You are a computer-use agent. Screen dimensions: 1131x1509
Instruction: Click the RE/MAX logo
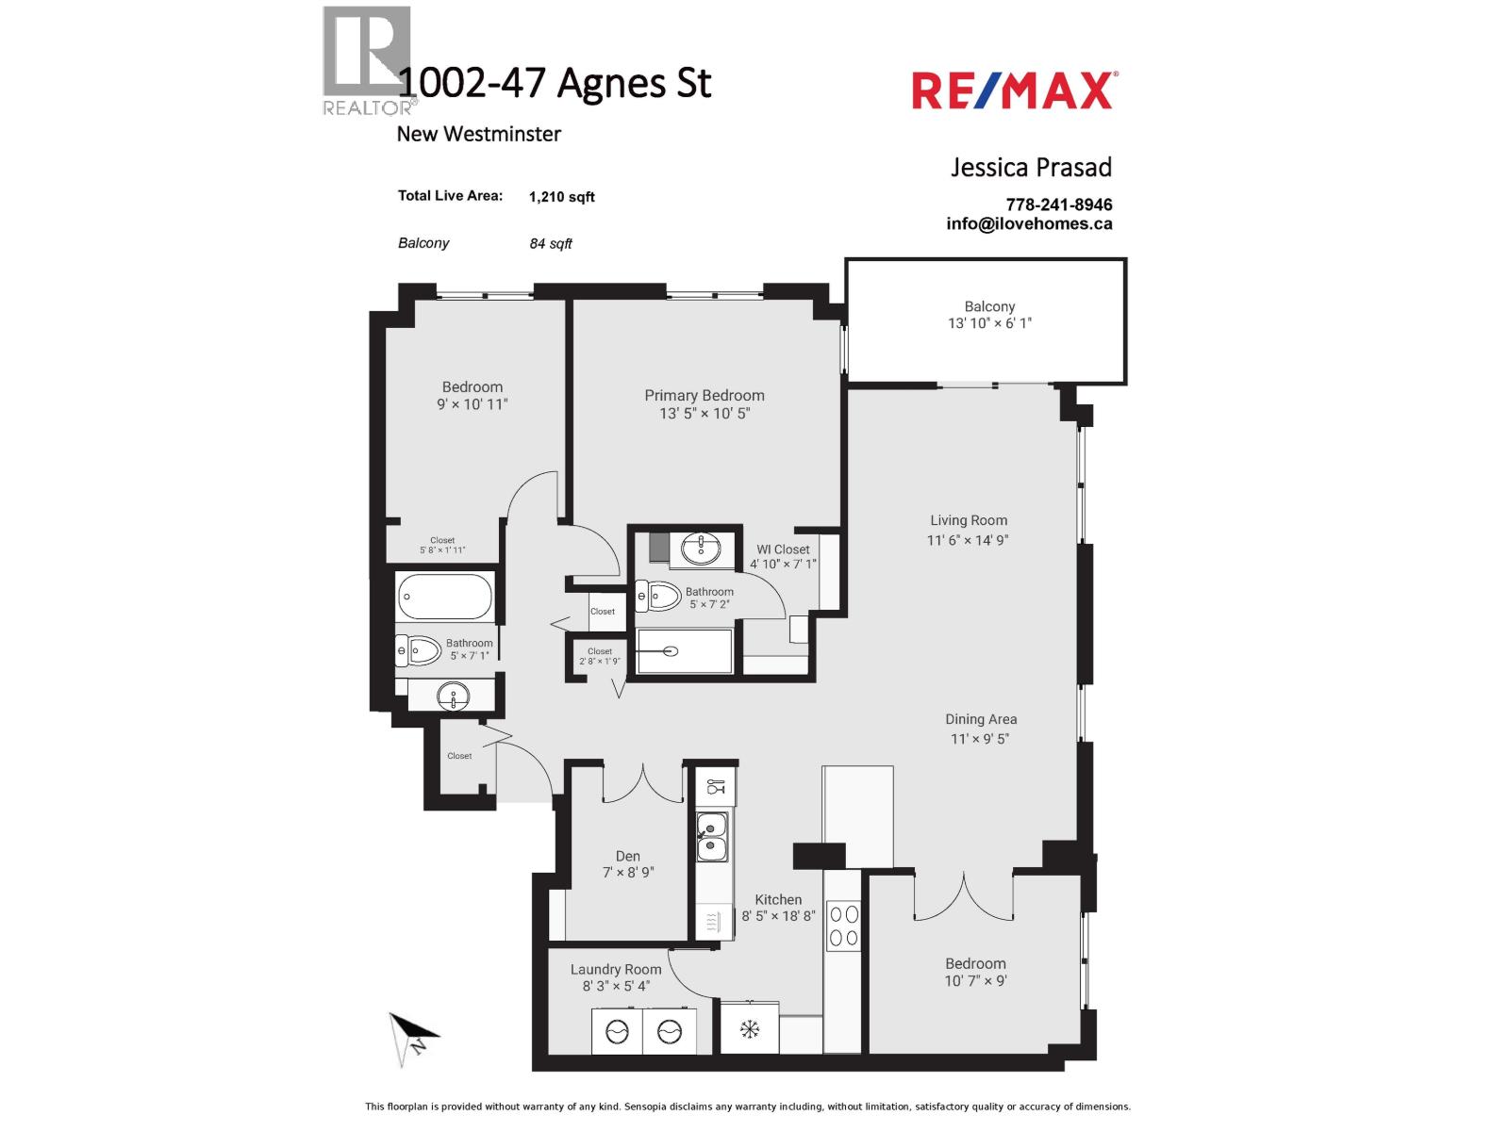click(1014, 91)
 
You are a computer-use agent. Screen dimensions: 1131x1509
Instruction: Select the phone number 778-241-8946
click(1058, 205)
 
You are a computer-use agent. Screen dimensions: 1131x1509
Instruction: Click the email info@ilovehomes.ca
click(1029, 224)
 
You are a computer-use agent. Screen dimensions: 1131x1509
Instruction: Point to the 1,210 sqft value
click(562, 197)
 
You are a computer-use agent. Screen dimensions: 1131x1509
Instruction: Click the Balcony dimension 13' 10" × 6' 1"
click(989, 323)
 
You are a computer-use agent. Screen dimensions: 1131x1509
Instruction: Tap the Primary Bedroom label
click(705, 396)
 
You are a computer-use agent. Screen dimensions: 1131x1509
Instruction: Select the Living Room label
click(969, 520)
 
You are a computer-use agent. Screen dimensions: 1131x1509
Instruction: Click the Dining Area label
click(981, 719)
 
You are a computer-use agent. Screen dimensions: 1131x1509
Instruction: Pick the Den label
click(627, 856)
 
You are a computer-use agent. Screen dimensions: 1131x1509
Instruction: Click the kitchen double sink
click(712, 837)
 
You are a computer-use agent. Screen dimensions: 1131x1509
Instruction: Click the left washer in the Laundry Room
click(616, 1031)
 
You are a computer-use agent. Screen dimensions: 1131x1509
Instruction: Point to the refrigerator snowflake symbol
click(750, 1029)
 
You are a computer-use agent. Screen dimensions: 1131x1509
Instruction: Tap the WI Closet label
click(783, 549)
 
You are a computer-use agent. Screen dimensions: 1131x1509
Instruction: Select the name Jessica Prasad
click(1031, 168)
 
